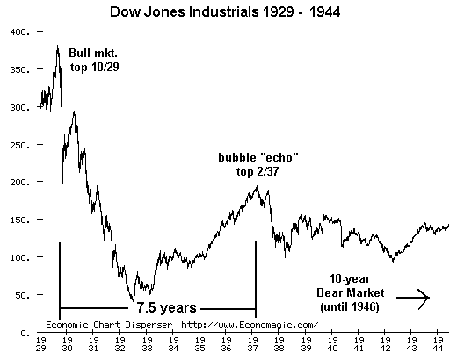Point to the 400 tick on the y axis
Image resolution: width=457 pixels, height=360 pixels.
pyautogui.click(x=18, y=32)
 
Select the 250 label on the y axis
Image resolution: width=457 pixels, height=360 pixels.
pyautogui.click(x=18, y=145)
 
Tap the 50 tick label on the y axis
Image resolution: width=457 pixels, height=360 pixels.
pyautogui.click(x=21, y=296)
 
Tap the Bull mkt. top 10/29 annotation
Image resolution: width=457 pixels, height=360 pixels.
pyautogui.click(x=94, y=60)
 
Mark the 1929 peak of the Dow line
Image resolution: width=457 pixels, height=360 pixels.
pyautogui.click(x=58, y=47)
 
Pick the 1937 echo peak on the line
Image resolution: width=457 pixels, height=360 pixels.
pyautogui.click(x=257, y=186)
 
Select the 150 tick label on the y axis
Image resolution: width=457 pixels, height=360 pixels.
pyautogui.click(x=18, y=220)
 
